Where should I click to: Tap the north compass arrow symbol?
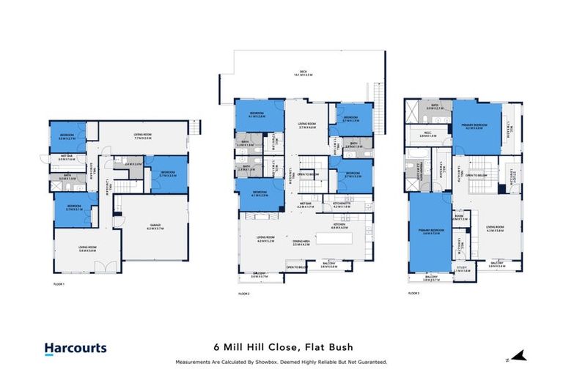coord(518,357)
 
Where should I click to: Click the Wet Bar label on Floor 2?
coord(306,206)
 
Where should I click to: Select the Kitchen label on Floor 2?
coord(341,227)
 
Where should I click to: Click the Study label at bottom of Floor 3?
coord(461,269)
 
